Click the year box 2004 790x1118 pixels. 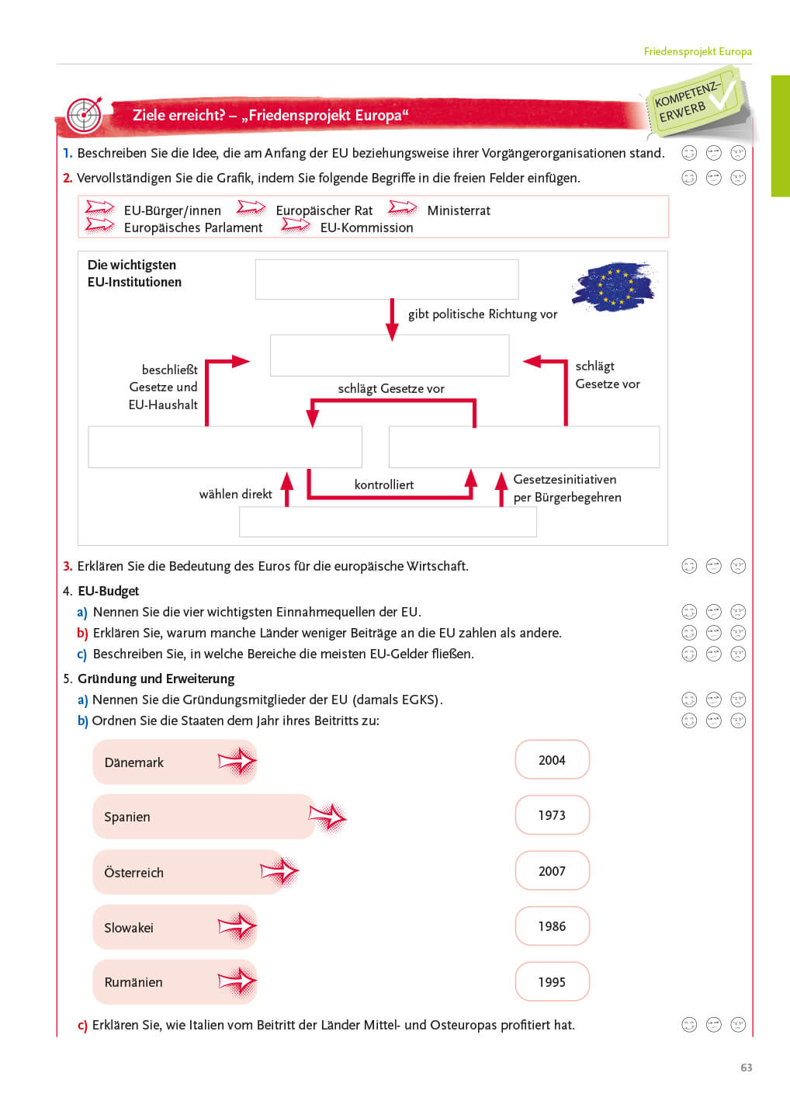point(552,760)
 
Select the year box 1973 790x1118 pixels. point(552,815)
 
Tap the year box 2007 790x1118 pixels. point(552,871)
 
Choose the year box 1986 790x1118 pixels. point(552,926)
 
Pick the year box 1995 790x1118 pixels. point(552,982)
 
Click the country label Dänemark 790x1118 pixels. point(134,762)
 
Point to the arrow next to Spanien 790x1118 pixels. point(327,817)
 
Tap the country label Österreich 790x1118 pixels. point(134,873)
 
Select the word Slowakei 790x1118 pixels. point(129,928)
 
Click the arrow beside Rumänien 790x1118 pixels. point(237,982)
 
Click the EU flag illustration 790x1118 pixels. point(613,286)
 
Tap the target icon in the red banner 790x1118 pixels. point(84,115)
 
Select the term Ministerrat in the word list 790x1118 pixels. point(459,210)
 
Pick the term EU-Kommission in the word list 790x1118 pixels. point(366,227)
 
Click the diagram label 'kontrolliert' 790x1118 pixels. point(384,484)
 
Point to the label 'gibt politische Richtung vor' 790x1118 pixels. point(483,314)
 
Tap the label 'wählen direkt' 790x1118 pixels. point(236,494)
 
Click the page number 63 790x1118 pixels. point(746,1068)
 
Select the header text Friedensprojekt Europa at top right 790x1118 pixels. point(698,51)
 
